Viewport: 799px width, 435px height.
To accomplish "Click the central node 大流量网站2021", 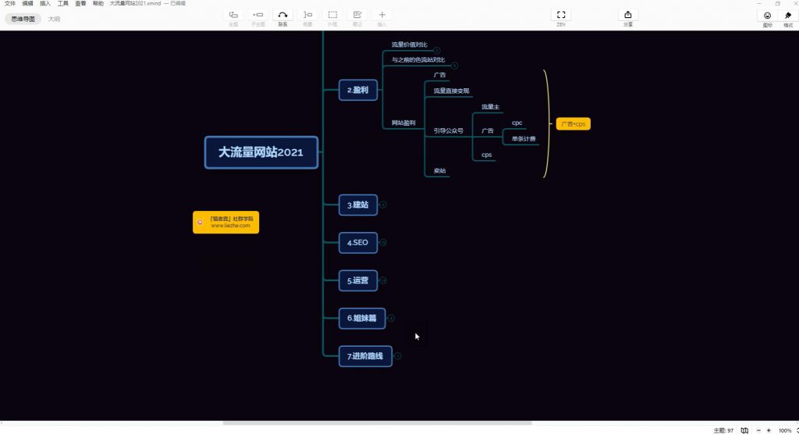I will click(x=261, y=152).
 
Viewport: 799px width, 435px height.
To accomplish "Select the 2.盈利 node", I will click(x=358, y=90).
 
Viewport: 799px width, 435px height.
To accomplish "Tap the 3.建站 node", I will click(x=358, y=205).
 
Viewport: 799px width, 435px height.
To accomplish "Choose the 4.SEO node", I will click(x=358, y=243).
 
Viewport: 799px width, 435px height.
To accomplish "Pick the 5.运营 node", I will click(x=358, y=280).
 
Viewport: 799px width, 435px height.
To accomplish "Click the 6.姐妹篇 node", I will click(x=362, y=318).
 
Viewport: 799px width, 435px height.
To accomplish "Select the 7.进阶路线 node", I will click(x=365, y=356).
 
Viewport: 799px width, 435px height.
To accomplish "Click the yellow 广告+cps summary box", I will click(x=574, y=124).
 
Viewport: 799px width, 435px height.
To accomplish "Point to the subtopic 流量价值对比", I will click(x=410, y=45).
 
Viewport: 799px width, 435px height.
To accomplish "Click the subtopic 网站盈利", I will click(x=403, y=123).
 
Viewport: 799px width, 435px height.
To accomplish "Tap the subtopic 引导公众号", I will click(x=449, y=130).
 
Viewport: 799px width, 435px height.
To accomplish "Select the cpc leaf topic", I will click(x=517, y=123).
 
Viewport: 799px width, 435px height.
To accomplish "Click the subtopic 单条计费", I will click(x=524, y=138).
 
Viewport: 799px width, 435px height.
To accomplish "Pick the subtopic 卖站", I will click(x=440, y=170).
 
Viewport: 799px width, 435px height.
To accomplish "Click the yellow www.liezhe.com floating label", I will click(x=226, y=222).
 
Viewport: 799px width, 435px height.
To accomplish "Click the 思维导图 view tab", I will click(x=23, y=19).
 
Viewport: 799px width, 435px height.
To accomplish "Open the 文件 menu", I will click(x=10, y=4).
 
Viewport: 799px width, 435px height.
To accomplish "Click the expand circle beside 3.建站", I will click(x=383, y=205).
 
